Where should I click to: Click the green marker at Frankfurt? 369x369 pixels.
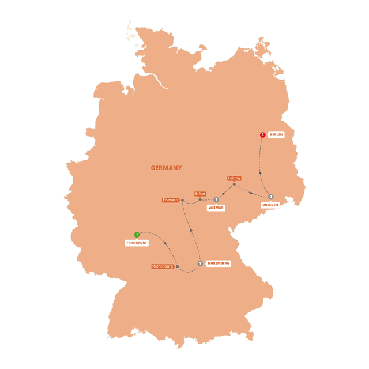[x=137, y=235]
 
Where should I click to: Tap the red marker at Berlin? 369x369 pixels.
[x=263, y=135]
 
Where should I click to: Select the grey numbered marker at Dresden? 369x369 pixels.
[x=270, y=197]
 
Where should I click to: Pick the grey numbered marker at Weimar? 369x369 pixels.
[x=216, y=199]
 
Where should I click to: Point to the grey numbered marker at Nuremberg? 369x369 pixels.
[x=199, y=263]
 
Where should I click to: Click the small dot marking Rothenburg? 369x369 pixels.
[x=178, y=266]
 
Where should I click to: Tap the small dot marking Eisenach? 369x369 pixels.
[x=182, y=201]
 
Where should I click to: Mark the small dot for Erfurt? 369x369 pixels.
[x=200, y=200]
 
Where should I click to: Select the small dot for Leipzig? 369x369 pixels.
[x=234, y=184]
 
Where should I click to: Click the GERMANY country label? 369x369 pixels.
[x=166, y=168]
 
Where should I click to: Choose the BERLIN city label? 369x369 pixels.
[x=276, y=134]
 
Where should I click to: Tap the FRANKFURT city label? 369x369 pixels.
[x=137, y=243]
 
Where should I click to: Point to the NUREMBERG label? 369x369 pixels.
[x=218, y=263]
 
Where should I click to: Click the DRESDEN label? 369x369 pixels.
[x=270, y=205]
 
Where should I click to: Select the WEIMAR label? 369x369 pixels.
[x=216, y=208]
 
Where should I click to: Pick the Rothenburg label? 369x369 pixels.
[x=163, y=266]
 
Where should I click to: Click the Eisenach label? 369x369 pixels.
[x=171, y=200]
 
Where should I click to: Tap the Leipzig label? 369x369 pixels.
[x=234, y=178]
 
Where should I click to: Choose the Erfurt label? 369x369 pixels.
[x=200, y=194]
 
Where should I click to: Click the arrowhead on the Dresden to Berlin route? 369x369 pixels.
[x=260, y=171]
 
